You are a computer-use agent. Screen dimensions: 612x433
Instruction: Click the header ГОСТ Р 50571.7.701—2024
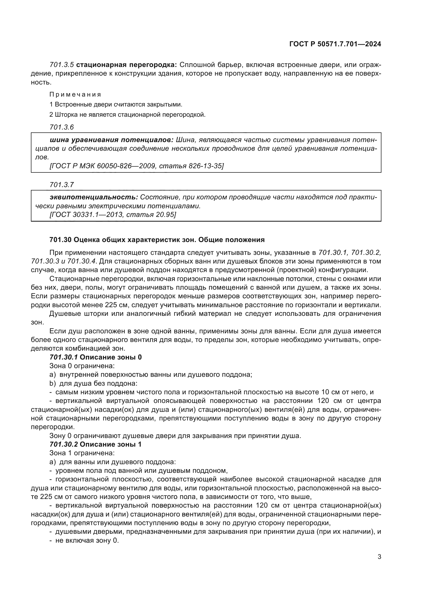335,44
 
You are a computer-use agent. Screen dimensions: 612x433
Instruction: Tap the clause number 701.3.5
61,65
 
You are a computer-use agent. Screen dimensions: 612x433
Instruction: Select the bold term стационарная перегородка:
126,65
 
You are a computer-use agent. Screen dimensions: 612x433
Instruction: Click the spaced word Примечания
75,94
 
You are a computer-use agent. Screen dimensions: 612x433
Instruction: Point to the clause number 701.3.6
61,127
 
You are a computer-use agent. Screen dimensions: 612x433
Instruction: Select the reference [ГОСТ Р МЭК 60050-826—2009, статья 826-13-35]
136,166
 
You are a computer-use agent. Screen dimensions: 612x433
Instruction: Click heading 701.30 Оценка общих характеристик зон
157,240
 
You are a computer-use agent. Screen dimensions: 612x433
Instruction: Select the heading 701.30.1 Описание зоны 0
96,357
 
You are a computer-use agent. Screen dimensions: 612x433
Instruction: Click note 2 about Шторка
127,115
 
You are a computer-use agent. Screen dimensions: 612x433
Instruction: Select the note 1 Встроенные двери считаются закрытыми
116,104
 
